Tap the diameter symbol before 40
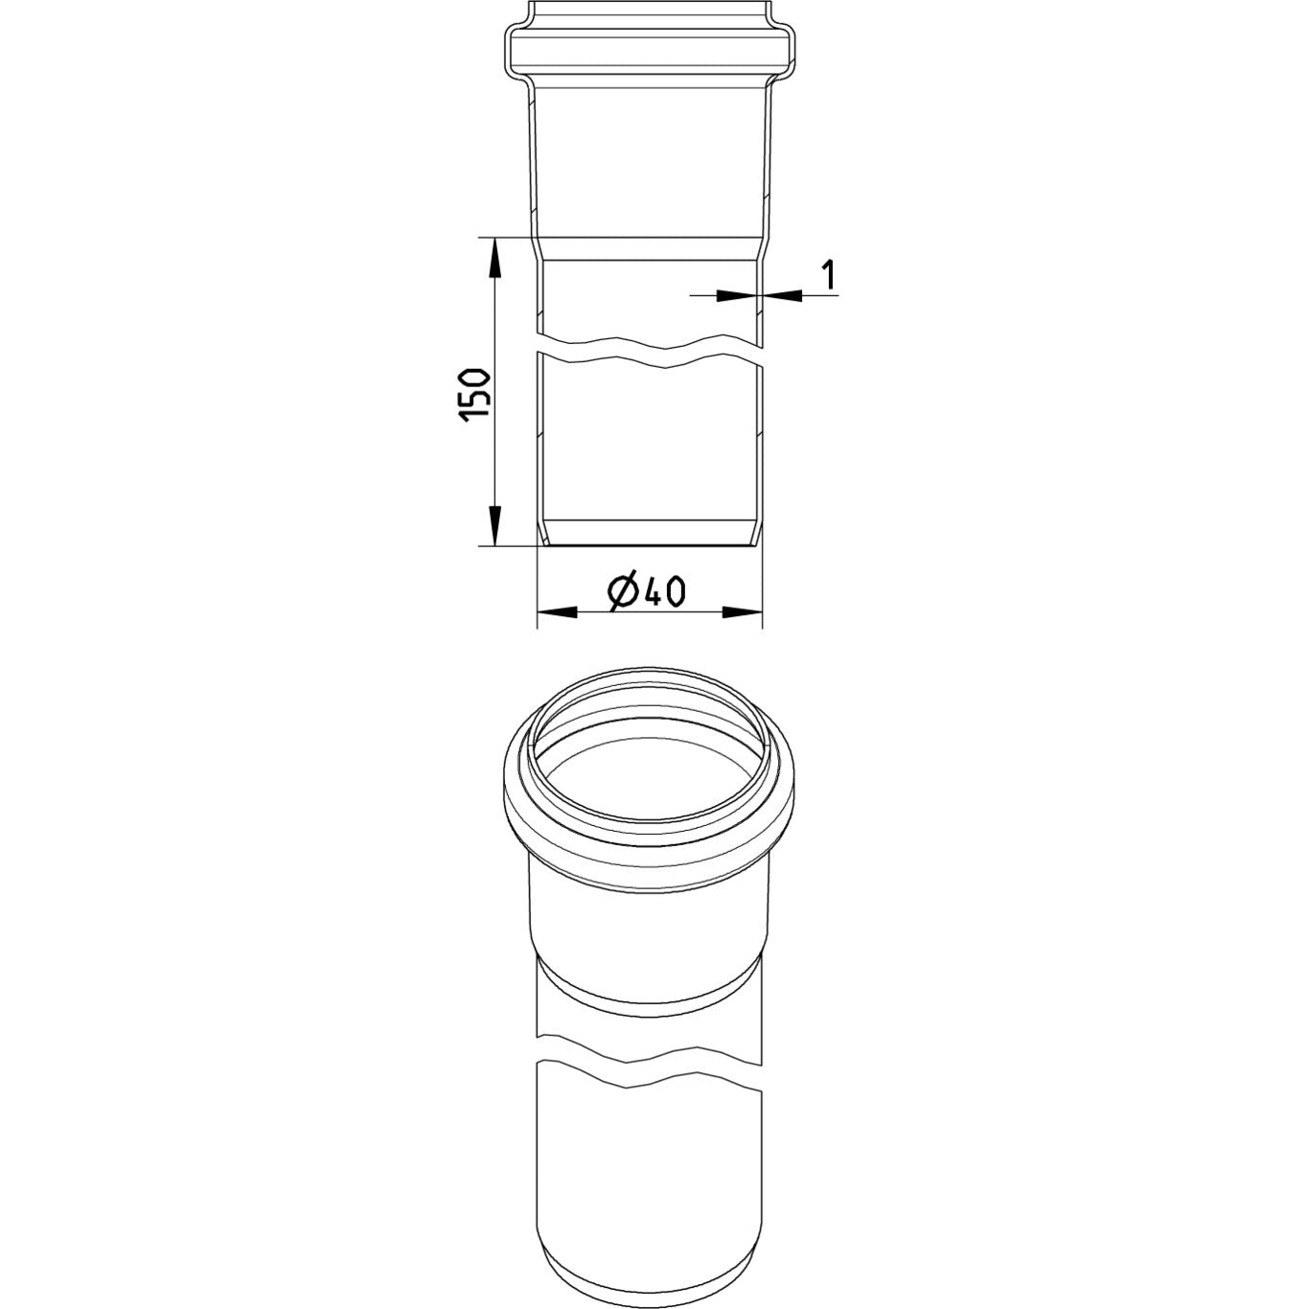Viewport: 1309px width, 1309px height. click(x=624, y=592)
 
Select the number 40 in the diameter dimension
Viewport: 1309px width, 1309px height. click(x=665, y=592)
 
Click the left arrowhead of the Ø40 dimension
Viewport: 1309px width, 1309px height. click(x=557, y=612)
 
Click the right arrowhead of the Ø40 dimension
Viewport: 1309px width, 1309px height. click(x=742, y=612)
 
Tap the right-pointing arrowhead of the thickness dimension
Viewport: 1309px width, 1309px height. click(x=736, y=295)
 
